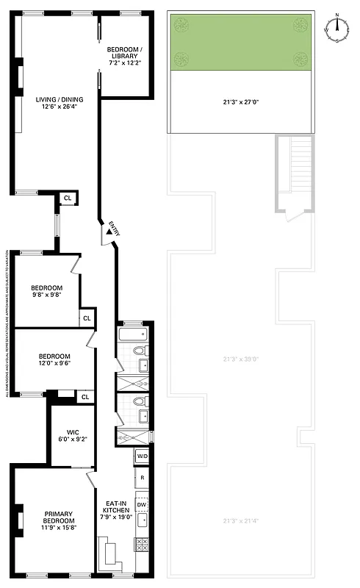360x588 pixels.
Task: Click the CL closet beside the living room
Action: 68,198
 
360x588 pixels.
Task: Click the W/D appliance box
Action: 143,457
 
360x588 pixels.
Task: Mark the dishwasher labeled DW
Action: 142,504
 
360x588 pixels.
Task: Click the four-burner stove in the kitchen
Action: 142,545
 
